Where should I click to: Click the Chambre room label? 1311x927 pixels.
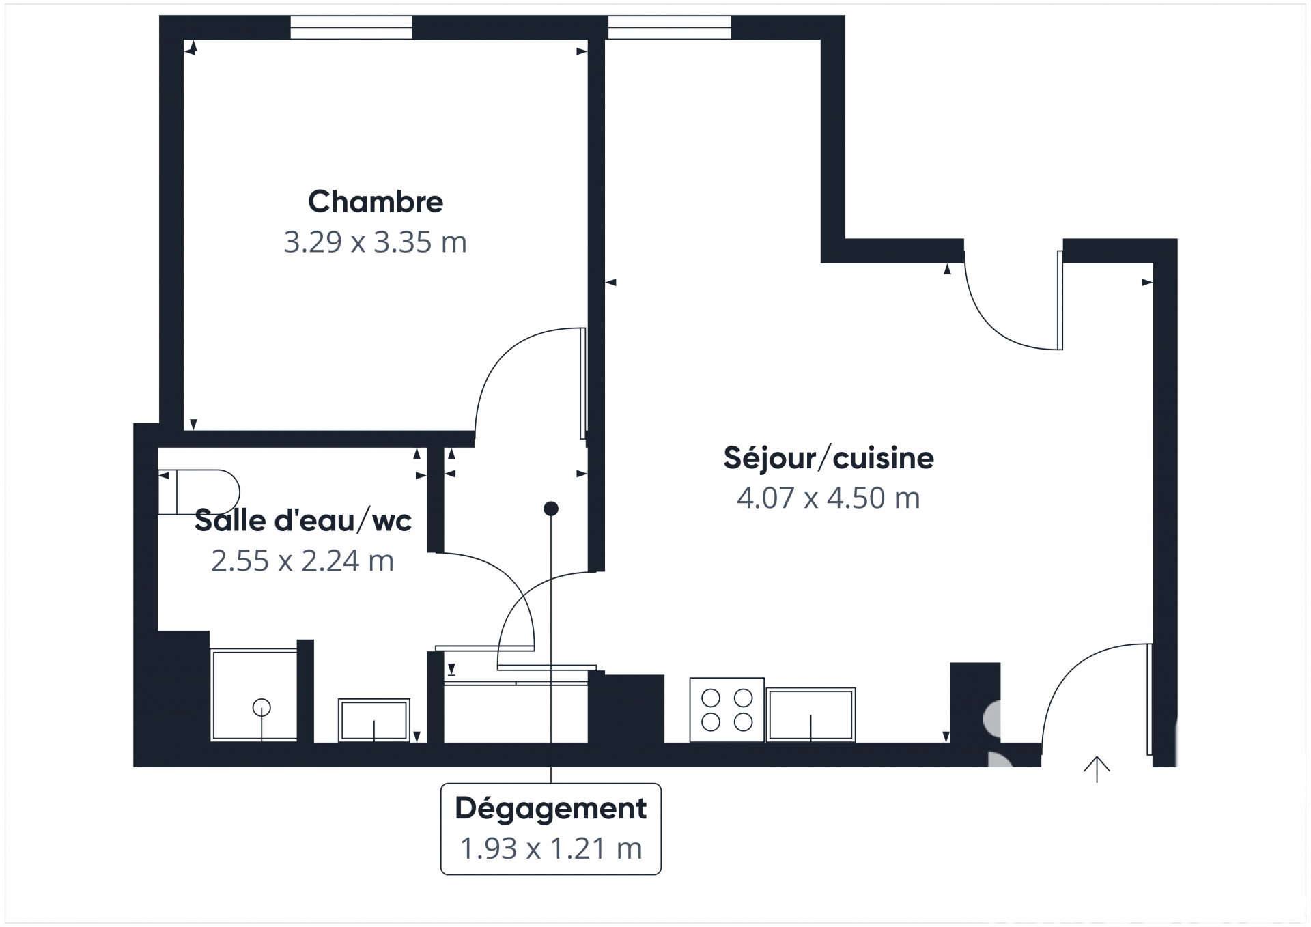(376, 201)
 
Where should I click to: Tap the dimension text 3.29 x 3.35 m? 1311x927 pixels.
(375, 242)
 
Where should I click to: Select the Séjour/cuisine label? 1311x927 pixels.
(828, 458)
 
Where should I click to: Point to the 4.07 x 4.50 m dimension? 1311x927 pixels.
(828, 498)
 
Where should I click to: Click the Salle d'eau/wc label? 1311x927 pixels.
(303, 521)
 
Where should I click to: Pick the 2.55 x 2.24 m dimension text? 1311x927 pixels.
(302, 561)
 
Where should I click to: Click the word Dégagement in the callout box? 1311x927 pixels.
(551, 809)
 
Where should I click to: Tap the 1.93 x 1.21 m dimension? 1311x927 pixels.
(551, 849)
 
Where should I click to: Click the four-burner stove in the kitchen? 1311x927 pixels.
(727, 709)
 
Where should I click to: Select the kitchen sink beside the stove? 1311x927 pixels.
(810, 715)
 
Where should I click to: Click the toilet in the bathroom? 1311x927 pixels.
(199, 492)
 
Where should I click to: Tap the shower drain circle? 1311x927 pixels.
(262, 708)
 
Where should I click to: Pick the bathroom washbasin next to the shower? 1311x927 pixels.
(374, 720)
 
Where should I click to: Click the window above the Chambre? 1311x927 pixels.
(351, 28)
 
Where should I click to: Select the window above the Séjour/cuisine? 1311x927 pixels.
(669, 28)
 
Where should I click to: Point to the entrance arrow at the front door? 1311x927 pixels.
(1097, 769)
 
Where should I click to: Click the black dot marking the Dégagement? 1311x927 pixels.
(551, 509)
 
